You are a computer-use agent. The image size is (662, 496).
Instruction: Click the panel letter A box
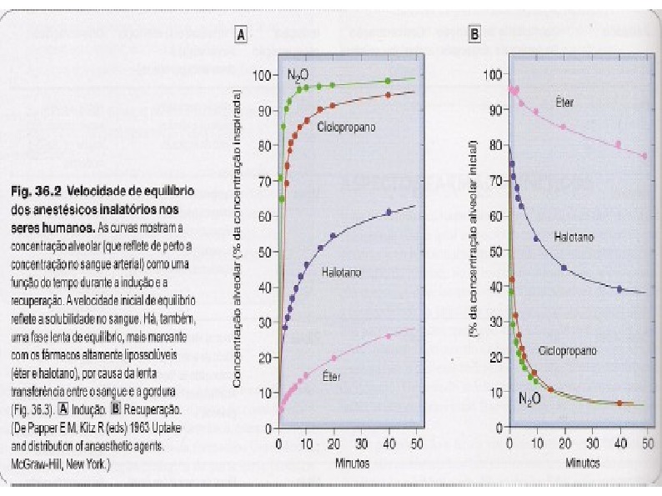(242, 35)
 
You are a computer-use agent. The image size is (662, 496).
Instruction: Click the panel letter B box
(474, 35)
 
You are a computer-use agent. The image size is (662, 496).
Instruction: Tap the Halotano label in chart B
(574, 238)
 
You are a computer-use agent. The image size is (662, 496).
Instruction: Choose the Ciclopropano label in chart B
(568, 351)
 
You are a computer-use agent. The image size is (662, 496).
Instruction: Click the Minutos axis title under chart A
(348, 461)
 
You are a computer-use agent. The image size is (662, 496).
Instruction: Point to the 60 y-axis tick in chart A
(265, 216)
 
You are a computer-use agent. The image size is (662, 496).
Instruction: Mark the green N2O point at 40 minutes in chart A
(388, 81)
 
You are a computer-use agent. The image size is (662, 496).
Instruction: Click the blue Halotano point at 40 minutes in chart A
(388, 212)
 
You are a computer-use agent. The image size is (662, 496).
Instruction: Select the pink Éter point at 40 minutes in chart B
(619, 144)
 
